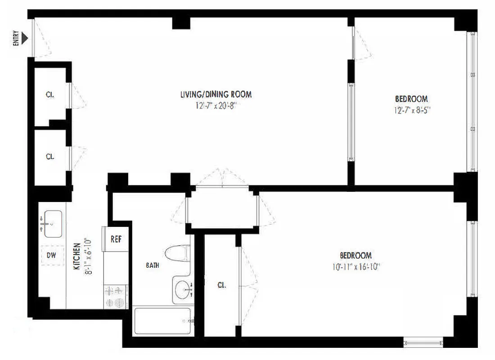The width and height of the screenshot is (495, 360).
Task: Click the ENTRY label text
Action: (x=16, y=38)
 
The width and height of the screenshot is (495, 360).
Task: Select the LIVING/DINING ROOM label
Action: (x=216, y=94)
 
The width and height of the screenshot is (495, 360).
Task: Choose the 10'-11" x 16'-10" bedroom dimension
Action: (x=355, y=266)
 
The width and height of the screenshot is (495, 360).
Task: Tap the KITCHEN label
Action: (x=76, y=256)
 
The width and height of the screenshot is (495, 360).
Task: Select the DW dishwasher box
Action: (x=52, y=256)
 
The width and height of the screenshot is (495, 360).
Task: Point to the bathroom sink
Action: (x=182, y=289)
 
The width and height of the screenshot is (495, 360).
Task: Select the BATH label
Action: (x=152, y=265)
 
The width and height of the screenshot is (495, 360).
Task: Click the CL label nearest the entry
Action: (x=50, y=95)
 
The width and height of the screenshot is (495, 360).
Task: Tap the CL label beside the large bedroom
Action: (x=221, y=285)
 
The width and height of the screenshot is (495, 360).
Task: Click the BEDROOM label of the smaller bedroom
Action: (x=411, y=99)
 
